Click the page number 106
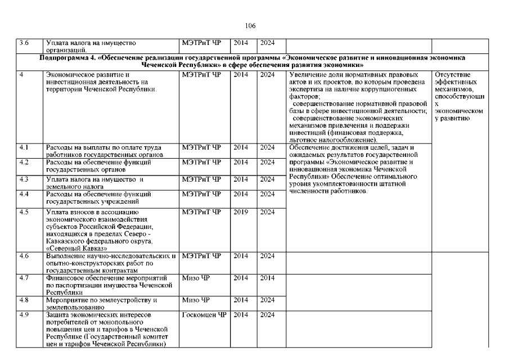(x=251, y=26)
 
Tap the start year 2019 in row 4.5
(x=240, y=212)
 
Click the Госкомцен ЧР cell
(x=203, y=314)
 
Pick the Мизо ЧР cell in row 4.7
(x=196, y=278)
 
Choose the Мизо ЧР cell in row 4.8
(x=196, y=300)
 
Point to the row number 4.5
(x=24, y=212)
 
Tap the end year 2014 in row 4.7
(x=267, y=278)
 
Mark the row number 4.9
(x=24, y=314)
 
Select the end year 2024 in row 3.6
(x=267, y=42)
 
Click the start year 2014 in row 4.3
(x=240, y=179)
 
